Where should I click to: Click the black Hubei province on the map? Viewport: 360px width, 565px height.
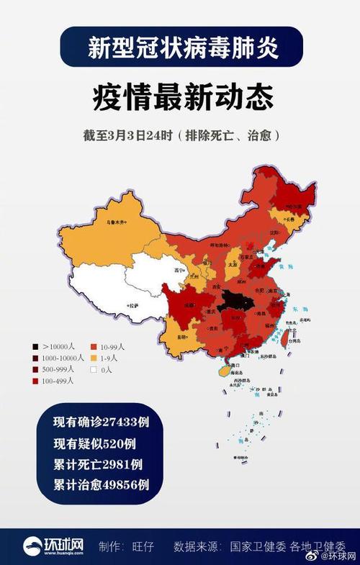click(x=234, y=299)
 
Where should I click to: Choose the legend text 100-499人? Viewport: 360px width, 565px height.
click(x=59, y=381)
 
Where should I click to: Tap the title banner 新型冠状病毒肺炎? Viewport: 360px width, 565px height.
click(x=180, y=48)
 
